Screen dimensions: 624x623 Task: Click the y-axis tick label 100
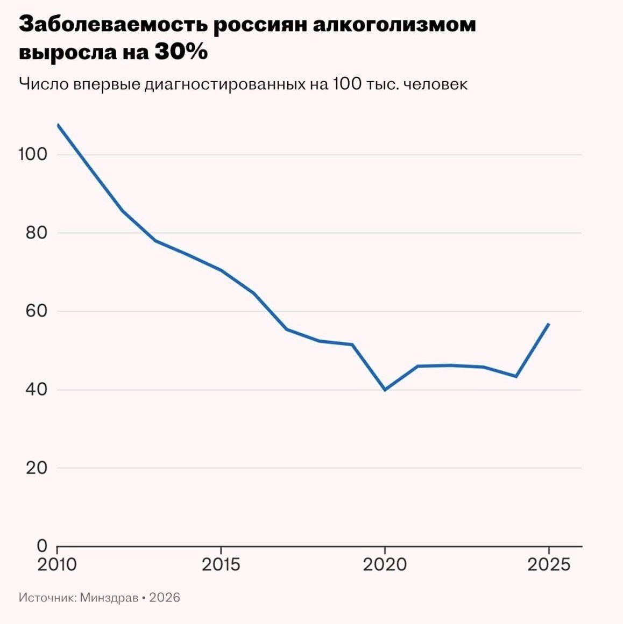point(33,154)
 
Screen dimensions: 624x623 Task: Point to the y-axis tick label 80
point(36,233)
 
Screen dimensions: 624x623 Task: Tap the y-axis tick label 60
point(36,311)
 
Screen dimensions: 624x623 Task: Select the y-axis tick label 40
point(36,390)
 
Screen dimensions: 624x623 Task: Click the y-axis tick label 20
point(36,468)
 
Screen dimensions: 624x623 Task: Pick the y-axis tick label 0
point(42,546)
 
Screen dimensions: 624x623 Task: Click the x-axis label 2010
point(57,565)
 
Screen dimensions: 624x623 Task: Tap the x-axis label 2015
point(221,565)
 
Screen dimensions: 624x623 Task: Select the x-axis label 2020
point(385,565)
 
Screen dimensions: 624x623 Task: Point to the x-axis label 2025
point(548,565)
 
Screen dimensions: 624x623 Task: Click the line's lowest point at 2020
point(385,390)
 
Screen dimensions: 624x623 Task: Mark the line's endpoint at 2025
point(548,324)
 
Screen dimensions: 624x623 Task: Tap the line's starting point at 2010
point(58,125)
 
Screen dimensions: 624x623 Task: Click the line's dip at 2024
point(516,376)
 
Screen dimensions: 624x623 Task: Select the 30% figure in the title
point(181,53)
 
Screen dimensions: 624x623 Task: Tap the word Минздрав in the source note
point(109,598)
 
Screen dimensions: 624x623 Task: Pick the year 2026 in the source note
point(165,598)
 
